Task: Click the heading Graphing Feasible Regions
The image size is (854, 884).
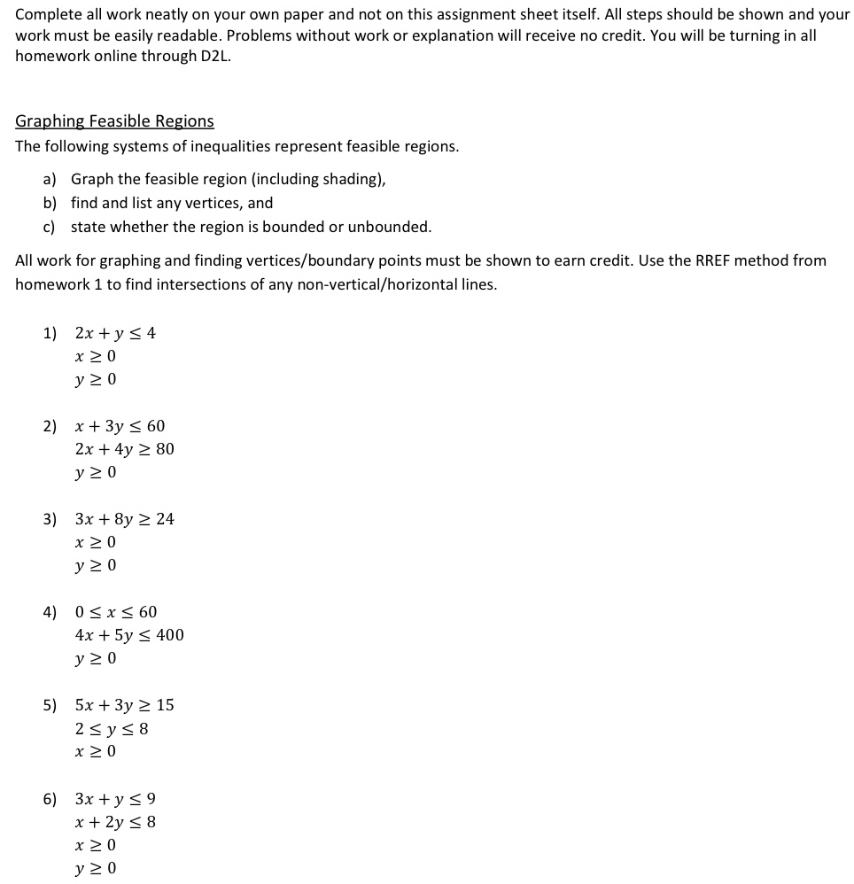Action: click(114, 121)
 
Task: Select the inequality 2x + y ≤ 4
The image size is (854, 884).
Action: click(115, 333)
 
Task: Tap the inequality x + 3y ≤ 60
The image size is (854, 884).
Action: click(120, 426)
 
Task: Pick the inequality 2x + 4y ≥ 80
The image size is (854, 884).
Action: click(124, 449)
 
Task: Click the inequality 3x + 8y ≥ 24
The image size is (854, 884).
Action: click(124, 519)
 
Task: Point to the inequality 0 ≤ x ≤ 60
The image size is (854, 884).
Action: click(116, 612)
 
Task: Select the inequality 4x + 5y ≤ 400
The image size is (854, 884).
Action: click(129, 635)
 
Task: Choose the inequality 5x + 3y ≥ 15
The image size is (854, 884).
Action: click(124, 705)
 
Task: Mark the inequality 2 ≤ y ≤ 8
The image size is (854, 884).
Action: click(112, 729)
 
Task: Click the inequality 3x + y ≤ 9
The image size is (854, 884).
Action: click(115, 799)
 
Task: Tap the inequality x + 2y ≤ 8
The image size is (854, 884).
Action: click(115, 822)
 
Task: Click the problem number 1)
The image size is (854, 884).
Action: click(50, 333)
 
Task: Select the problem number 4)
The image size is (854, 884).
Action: click(50, 612)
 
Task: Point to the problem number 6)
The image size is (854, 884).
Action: click(50, 799)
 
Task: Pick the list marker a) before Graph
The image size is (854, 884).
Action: click(50, 179)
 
